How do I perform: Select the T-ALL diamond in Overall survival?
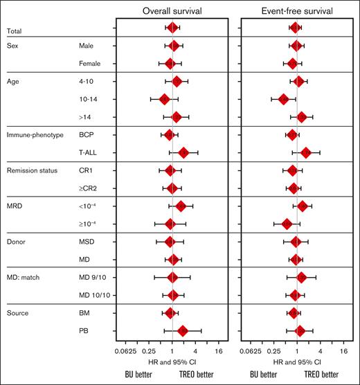click(183, 152)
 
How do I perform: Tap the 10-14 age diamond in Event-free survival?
click(282, 99)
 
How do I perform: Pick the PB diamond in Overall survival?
click(183, 331)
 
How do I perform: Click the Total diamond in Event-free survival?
click(295, 28)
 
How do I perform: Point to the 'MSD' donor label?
click(88, 242)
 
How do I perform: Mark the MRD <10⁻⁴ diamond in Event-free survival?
click(302, 206)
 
